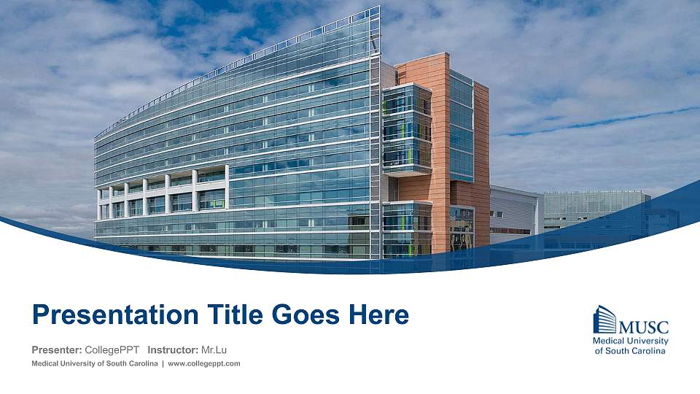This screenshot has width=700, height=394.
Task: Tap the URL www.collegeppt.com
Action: (x=204, y=363)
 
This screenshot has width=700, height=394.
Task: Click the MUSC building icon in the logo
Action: (x=604, y=320)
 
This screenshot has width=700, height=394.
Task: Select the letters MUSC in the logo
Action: (x=643, y=326)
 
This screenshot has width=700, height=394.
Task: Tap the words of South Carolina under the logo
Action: (x=631, y=351)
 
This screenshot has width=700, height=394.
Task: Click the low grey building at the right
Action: (x=514, y=212)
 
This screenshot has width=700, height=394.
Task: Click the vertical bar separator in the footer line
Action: (x=162, y=363)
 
